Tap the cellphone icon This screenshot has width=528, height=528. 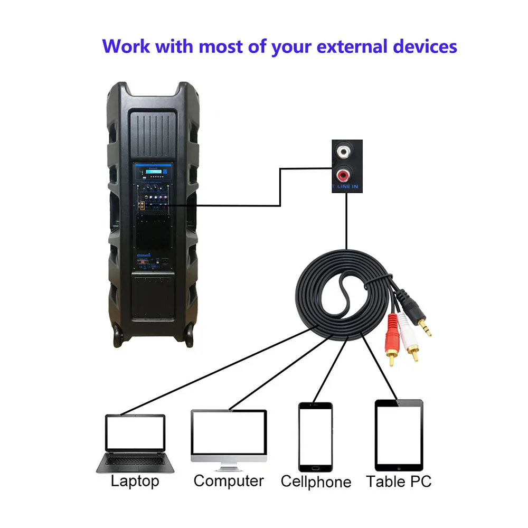click(x=315, y=437)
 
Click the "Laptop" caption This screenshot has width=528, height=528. click(x=135, y=481)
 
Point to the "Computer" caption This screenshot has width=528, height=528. click(x=228, y=481)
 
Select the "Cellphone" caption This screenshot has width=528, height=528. click(x=316, y=482)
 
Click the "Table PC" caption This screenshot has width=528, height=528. click(x=399, y=482)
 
